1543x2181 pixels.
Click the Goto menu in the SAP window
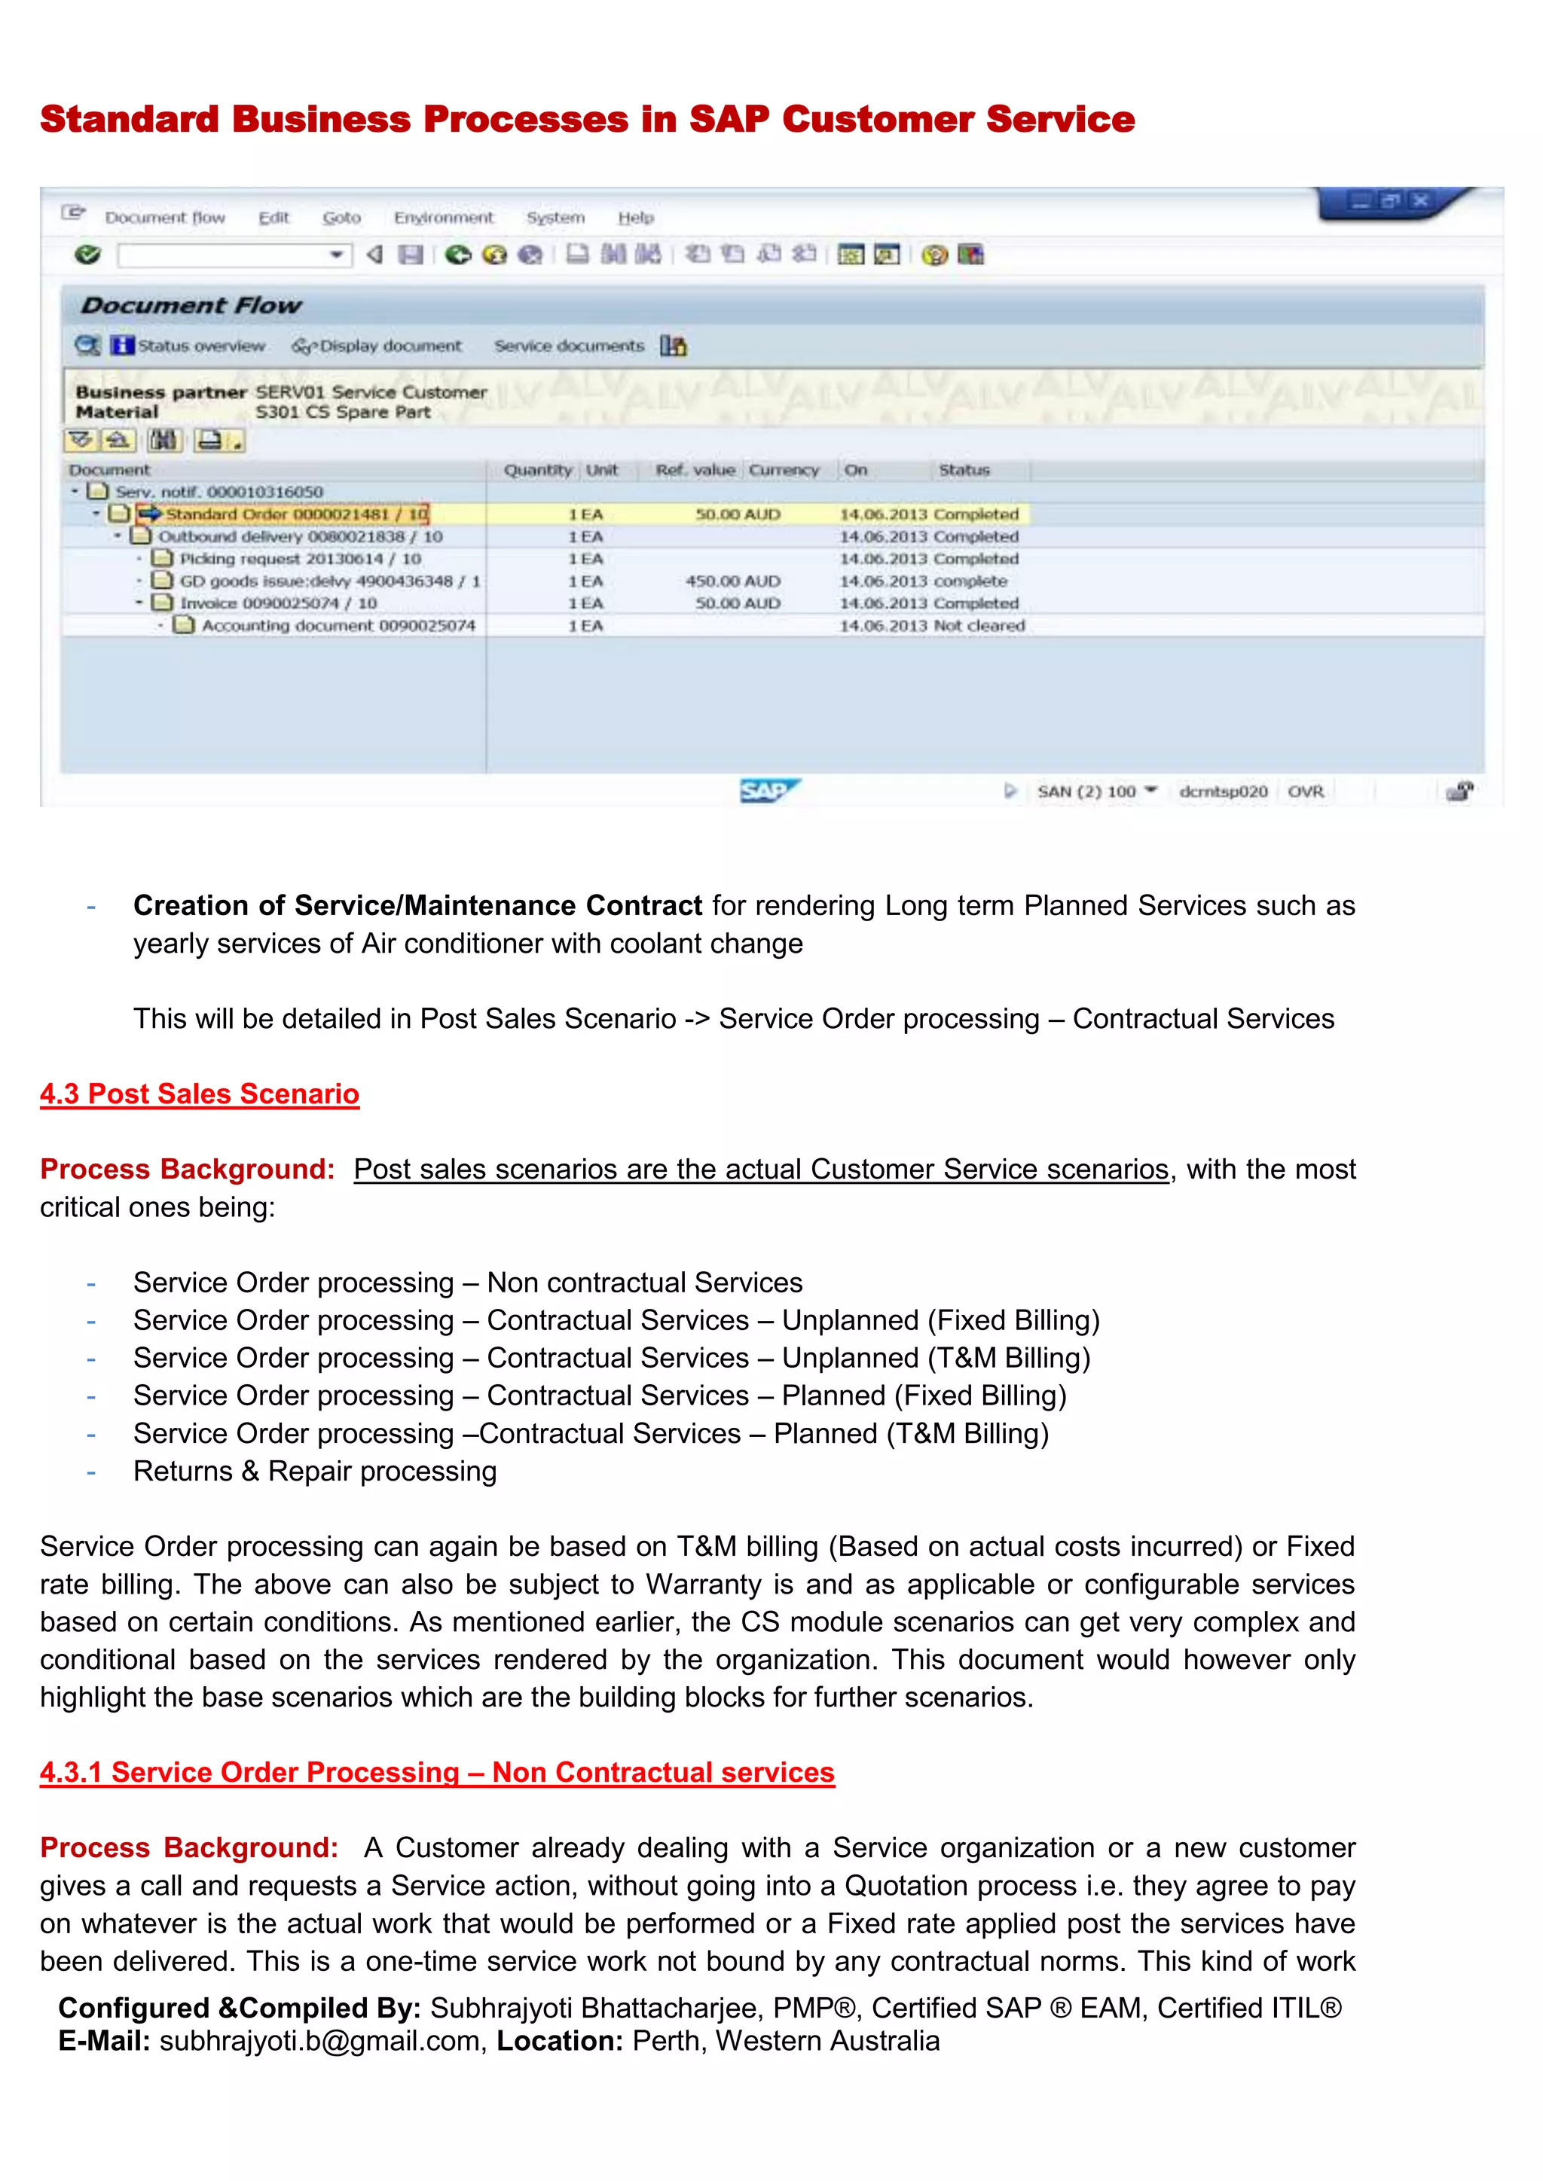tap(341, 218)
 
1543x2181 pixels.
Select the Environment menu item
tap(444, 218)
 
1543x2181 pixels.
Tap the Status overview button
tap(200, 346)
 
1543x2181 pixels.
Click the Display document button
tap(390, 346)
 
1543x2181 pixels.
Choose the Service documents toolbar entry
tap(568, 346)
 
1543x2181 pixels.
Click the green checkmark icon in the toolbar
tap(87, 255)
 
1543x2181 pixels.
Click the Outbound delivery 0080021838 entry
tap(299, 537)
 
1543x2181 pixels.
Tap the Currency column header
tap(783, 470)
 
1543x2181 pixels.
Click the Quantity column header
tap(538, 470)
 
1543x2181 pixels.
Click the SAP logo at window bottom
tap(768, 790)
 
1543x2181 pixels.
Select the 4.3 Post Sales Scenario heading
tap(200, 1094)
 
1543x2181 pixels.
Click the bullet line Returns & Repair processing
tap(314, 1471)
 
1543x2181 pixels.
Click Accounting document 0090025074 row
tap(338, 626)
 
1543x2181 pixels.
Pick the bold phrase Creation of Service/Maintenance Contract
tap(417, 905)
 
